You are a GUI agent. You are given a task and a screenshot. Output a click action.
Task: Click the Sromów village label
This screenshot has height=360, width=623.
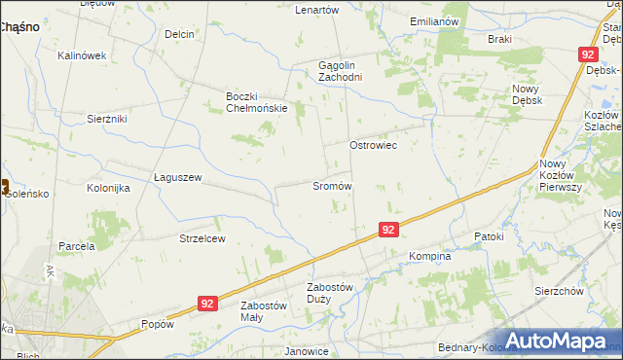tap(332, 185)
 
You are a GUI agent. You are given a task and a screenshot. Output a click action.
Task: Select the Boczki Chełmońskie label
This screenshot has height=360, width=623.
tap(256, 101)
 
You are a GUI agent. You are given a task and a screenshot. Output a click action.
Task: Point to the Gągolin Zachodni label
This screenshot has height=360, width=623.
tap(341, 71)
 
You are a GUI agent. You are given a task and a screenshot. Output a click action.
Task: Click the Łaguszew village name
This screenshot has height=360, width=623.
tap(177, 177)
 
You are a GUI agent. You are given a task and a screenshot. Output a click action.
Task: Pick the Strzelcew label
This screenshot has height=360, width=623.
tap(202, 237)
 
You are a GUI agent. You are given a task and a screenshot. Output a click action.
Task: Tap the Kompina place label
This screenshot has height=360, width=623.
tap(430, 257)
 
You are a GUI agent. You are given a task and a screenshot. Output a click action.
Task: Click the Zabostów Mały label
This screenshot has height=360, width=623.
tap(264, 310)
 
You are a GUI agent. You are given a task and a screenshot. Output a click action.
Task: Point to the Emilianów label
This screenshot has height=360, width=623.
tap(434, 20)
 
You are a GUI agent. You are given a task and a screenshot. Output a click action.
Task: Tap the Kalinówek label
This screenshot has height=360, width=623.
tap(82, 55)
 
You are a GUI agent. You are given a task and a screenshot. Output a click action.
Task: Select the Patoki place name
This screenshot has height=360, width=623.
tap(488, 236)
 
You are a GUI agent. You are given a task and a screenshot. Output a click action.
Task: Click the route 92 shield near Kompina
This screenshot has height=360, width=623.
tap(388, 230)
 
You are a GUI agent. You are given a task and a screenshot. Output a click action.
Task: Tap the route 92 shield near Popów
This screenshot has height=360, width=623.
tap(205, 304)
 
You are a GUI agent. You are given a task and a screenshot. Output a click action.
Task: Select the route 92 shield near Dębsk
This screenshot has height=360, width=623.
tap(588, 55)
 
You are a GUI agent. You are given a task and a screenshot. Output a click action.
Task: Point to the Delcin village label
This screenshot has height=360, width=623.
tap(180, 34)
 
